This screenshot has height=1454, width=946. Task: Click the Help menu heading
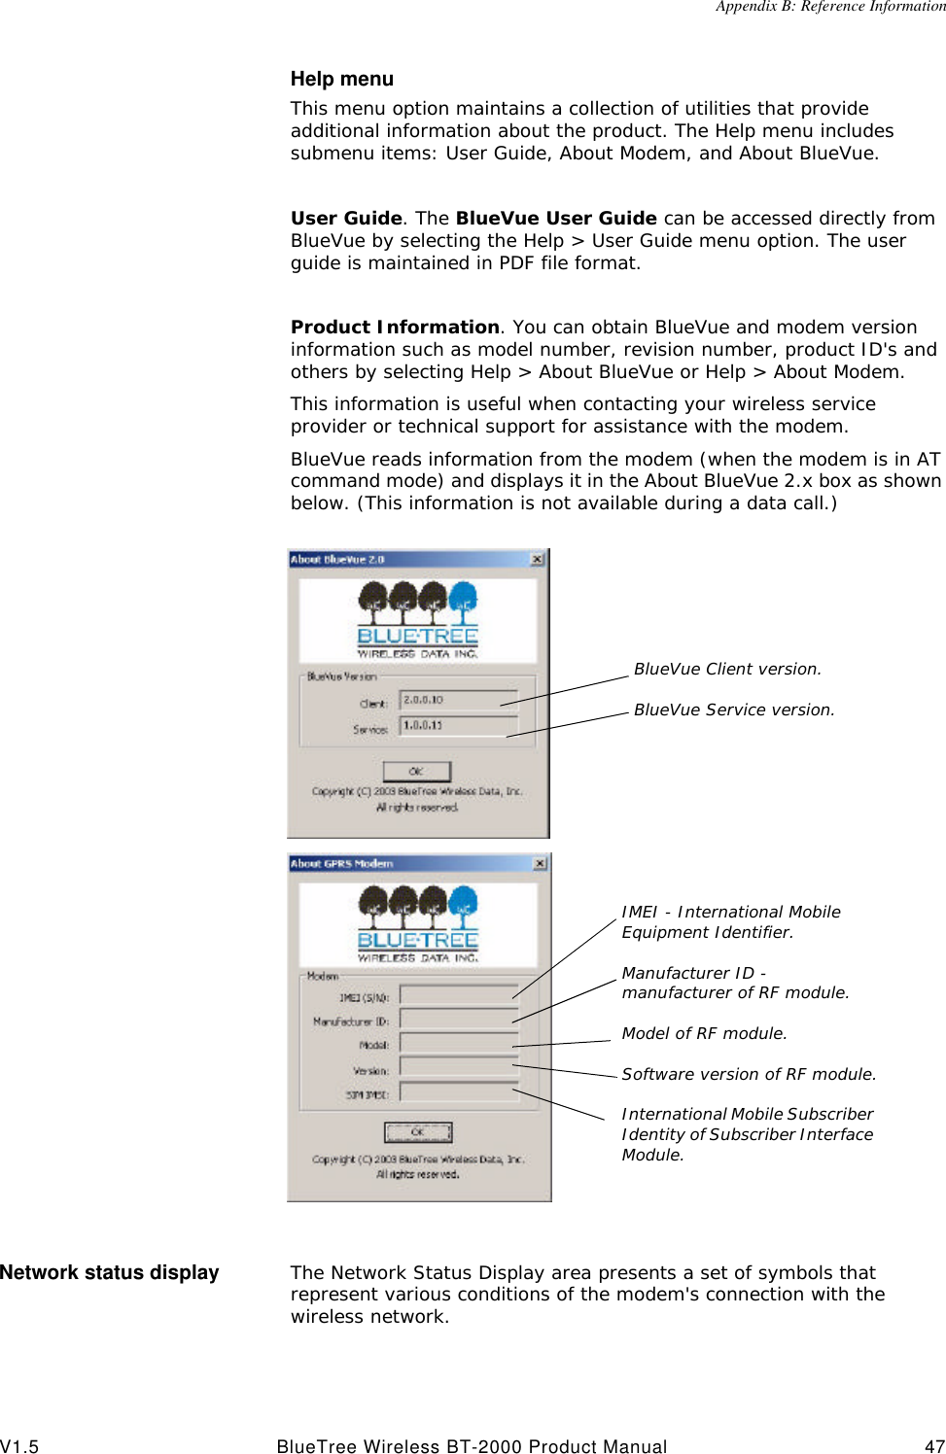(x=341, y=79)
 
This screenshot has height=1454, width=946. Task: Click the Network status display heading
(x=110, y=1272)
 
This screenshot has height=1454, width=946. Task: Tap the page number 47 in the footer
(x=934, y=1446)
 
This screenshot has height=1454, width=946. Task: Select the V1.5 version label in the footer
(x=19, y=1446)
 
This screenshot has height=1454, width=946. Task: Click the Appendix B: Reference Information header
(x=829, y=7)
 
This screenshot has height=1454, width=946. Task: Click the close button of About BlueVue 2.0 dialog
(x=538, y=559)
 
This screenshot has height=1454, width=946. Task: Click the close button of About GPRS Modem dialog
(x=540, y=863)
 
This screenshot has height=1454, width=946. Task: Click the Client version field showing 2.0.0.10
(x=459, y=700)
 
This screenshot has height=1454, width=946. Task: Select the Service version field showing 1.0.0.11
(x=459, y=726)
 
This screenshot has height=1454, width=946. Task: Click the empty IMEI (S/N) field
(x=459, y=994)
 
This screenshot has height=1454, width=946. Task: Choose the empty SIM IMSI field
(x=459, y=1092)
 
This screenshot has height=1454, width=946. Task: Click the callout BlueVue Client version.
(x=727, y=669)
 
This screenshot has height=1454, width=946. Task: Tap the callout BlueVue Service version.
(x=734, y=710)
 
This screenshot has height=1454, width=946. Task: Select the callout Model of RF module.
(x=704, y=1033)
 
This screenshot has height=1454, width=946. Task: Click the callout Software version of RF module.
(x=749, y=1074)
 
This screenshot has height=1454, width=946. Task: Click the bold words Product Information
(x=395, y=328)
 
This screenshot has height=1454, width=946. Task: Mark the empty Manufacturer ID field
(x=459, y=1019)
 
